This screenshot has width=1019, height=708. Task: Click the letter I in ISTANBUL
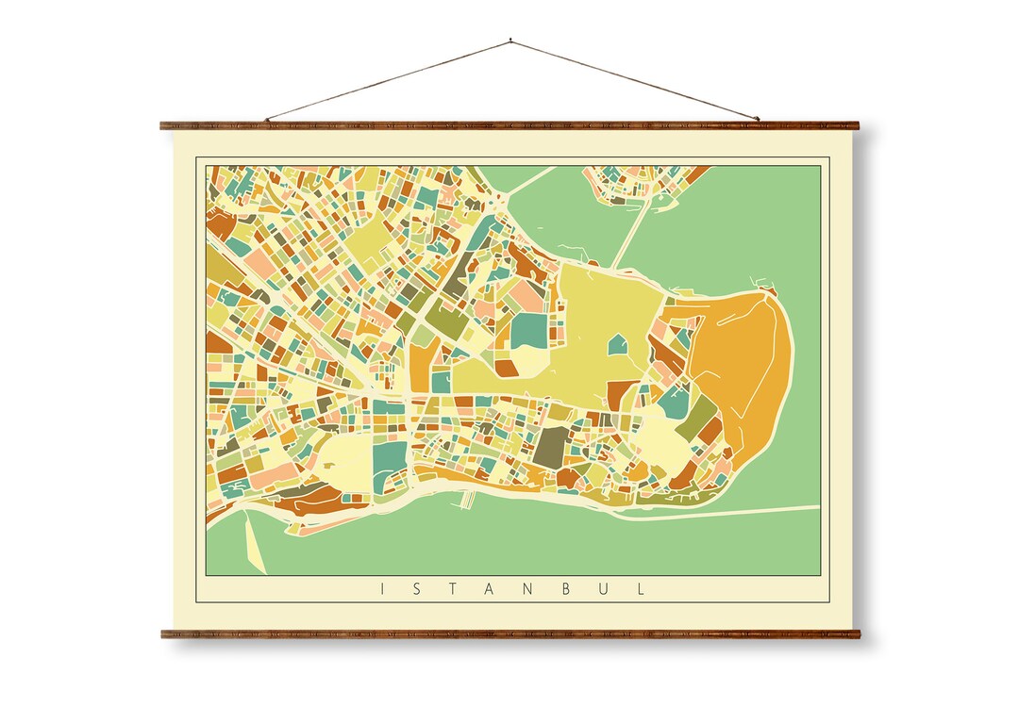pyautogui.click(x=382, y=589)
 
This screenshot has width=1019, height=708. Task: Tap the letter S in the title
pyautogui.click(x=419, y=589)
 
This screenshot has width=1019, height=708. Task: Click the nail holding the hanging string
pyautogui.click(x=510, y=41)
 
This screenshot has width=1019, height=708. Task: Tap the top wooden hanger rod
pyautogui.click(x=509, y=124)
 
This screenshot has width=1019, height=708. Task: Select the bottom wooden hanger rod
pyautogui.click(x=509, y=634)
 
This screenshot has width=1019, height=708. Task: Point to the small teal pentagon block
pyautogui.click(x=617, y=344)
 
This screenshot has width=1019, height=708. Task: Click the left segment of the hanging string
pyautogui.click(x=387, y=80)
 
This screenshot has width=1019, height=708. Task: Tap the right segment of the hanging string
pyautogui.click(x=634, y=80)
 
